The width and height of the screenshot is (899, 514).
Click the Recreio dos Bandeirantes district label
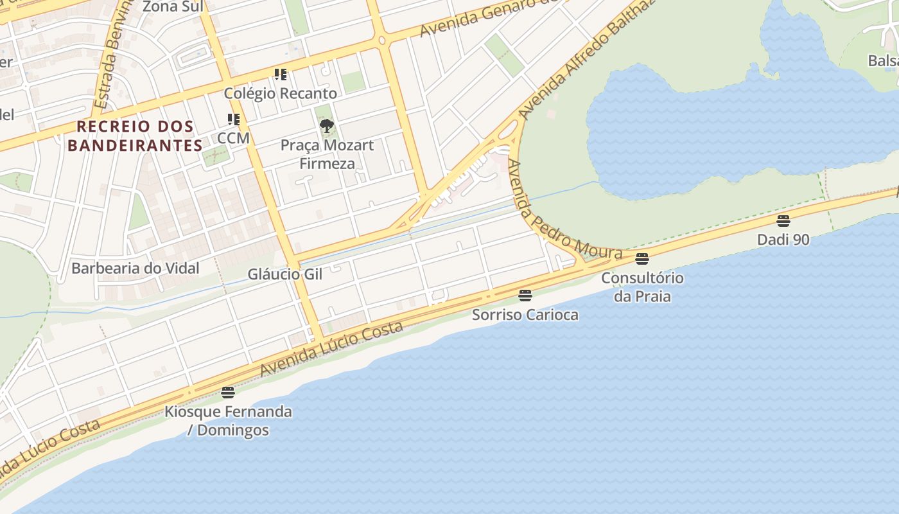[135, 136]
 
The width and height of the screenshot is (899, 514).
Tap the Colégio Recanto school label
[280, 93]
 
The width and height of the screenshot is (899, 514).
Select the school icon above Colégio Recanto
[281, 75]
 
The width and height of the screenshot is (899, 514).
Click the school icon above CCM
[234, 120]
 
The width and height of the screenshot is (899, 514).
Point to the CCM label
[233, 138]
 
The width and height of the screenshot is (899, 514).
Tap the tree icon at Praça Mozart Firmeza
[327, 125]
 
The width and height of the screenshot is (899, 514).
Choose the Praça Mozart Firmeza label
[327, 154]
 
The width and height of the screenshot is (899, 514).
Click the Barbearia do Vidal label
[135, 268]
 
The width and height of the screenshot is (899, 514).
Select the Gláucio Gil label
[284, 274]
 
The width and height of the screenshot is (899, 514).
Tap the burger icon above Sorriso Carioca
[525, 296]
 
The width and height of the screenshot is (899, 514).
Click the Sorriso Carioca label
[525, 315]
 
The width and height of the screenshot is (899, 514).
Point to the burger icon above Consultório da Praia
[642, 259]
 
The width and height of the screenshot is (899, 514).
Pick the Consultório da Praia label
[642, 287]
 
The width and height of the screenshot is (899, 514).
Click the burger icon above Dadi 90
[783, 221]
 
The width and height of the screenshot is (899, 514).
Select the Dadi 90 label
[783, 240]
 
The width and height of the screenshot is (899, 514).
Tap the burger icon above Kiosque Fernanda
[228, 393]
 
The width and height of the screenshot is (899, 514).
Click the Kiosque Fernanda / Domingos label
[228, 421]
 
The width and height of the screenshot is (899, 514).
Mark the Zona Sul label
[173, 6]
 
